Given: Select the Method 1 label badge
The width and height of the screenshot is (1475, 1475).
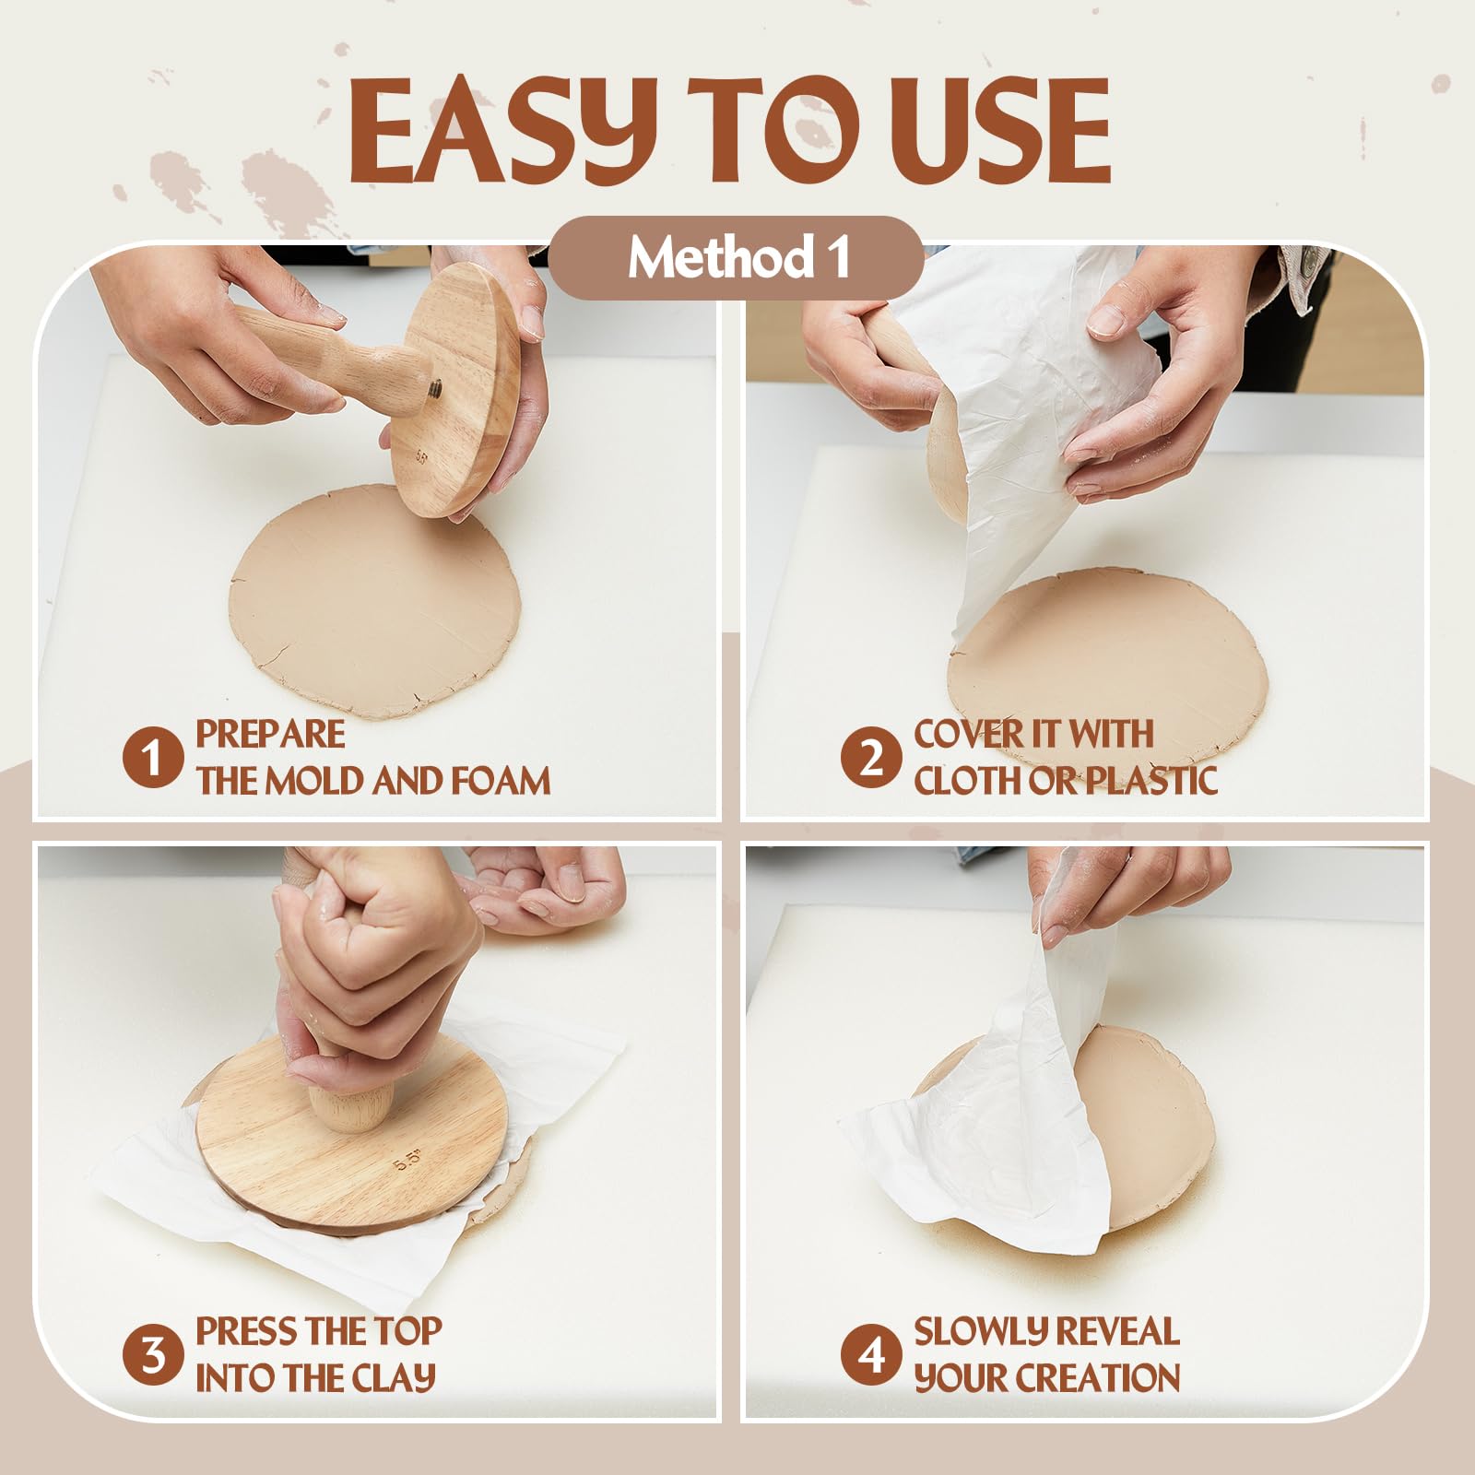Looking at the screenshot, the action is [737, 258].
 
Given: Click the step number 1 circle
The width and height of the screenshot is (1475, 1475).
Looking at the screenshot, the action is [152, 759].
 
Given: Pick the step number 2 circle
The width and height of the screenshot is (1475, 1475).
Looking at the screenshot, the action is [870, 759].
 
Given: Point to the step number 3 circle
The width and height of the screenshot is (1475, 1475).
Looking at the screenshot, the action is [152, 1356].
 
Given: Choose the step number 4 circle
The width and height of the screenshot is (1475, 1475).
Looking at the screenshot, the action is [870, 1356].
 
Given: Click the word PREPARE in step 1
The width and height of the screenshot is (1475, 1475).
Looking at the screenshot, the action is [270, 735].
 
